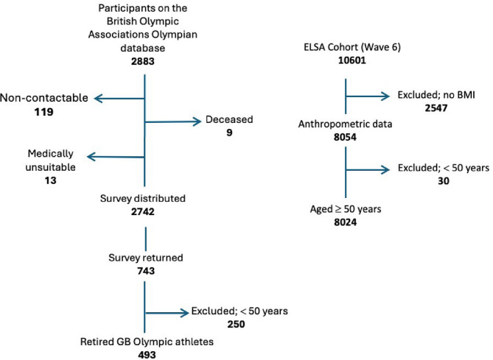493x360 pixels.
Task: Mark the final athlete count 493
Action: (x=144, y=354)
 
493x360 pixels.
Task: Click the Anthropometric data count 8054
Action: (x=346, y=138)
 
